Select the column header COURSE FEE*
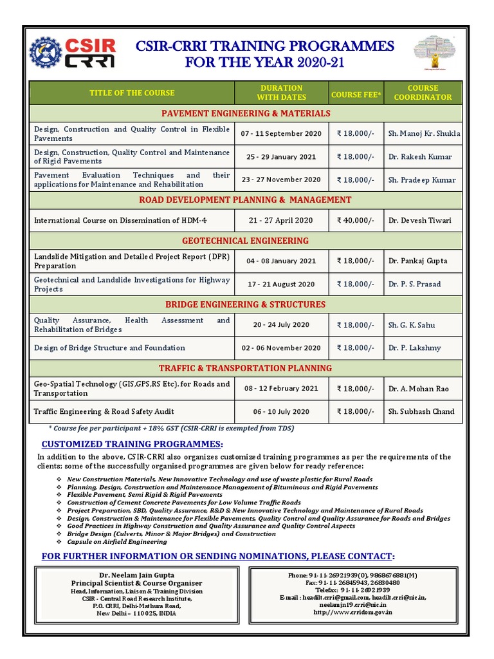point(356,94)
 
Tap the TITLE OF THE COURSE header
point(132,93)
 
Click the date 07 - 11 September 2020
point(280,134)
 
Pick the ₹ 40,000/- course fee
point(355,220)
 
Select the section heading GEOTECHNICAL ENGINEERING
point(245,241)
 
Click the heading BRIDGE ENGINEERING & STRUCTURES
point(245,304)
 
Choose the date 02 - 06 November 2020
point(280,348)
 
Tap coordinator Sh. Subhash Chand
point(421,411)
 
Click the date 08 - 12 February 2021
point(280,389)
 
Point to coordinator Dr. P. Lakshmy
point(415,348)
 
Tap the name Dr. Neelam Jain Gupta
point(136,574)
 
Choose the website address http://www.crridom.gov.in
point(353,612)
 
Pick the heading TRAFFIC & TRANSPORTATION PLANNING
point(245,368)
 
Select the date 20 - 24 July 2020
point(280,325)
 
